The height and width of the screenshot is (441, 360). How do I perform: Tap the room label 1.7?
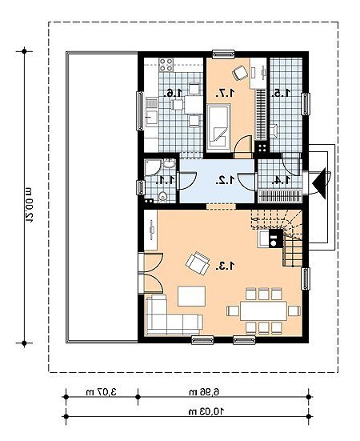click(225, 93)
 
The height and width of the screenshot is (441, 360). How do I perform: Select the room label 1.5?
click(281, 93)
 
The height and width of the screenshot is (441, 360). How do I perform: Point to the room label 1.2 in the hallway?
click(225, 180)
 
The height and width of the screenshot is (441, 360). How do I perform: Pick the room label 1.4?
click(281, 180)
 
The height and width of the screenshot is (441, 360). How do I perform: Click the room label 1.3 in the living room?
click(225, 266)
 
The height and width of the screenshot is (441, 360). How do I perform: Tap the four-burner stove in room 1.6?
click(166, 65)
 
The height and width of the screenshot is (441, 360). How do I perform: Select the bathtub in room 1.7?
click(218, 125)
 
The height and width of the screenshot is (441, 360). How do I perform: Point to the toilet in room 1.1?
click(162, 197)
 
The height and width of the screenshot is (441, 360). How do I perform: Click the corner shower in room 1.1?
click(153, 167)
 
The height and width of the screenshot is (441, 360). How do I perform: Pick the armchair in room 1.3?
click(198, 263)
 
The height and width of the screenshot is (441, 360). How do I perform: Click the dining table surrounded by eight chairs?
click(264, 311)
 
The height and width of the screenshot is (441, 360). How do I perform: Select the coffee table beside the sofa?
click(192, 296)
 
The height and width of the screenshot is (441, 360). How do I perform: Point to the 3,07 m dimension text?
click(101, 392)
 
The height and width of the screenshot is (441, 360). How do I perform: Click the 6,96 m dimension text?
click(204, 392)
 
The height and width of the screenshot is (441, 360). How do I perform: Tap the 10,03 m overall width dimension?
click(206, 411)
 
